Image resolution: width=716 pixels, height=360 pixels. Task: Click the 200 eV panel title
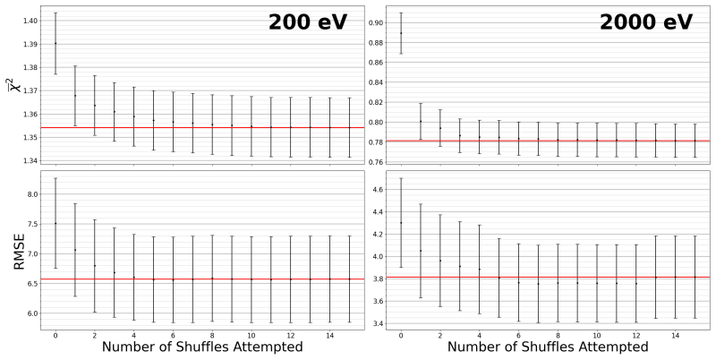click(x=308, y=21)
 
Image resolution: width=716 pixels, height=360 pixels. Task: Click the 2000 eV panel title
click(x=646, y=21)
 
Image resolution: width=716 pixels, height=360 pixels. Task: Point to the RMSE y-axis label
click(x=19, y=250)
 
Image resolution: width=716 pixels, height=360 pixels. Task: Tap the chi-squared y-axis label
click(x=16, y=84)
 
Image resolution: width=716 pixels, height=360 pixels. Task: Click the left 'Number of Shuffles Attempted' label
click(x=202, y=347)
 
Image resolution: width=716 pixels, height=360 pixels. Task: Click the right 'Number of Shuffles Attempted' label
click(x=548, y=347)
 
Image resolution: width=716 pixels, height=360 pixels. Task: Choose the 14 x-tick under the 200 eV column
click(x=330, y=335)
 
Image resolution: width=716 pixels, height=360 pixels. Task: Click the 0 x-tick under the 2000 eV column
click(x=401, y=335)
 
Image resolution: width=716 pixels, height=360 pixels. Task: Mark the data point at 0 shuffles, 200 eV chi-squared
click(x=55, y=43)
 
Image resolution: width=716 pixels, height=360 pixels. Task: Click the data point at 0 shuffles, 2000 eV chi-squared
click(x=401, y=33)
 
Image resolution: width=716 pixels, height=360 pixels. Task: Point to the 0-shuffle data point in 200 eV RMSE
click(x=55, y=223)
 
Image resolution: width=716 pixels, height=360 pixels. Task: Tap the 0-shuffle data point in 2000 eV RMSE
click(x=401, y=222)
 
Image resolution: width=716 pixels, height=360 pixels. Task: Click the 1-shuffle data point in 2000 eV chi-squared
click(x=421, y=121)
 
